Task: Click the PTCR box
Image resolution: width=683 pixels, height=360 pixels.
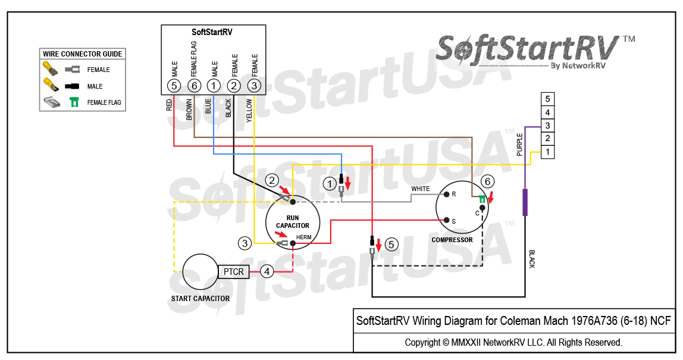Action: pos(234,272)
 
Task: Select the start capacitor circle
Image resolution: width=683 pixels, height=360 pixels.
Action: pos(200,272)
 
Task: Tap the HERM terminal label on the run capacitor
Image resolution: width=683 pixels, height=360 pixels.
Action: pos(303,237)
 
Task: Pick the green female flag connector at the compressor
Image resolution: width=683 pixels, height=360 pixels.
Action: pos(483,199)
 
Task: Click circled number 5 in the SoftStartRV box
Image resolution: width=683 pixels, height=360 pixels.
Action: pos(174,86)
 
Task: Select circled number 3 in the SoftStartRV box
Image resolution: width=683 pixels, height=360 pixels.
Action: pos(254,86)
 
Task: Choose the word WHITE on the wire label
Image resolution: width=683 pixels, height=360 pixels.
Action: pos(421,189)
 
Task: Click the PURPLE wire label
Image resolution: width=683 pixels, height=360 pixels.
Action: pos(519,145)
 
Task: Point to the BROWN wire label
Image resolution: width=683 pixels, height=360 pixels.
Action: pos(189,109)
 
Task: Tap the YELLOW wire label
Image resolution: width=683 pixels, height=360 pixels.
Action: pos(249,110)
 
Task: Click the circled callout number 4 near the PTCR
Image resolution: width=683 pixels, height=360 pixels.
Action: pos(268,271)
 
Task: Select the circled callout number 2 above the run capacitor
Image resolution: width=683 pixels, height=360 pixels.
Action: pos(272,180)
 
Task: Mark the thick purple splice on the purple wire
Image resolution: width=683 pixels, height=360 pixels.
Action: pos(525,202)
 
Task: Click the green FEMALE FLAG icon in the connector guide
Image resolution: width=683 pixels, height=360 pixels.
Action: pos(74,102)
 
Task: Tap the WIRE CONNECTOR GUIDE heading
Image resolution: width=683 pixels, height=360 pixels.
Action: pos(83,54)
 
